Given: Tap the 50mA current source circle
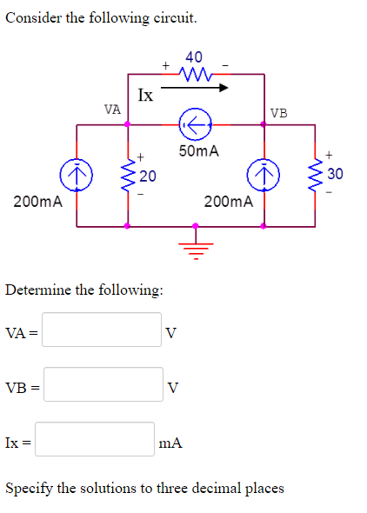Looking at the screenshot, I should [x=195, y=124].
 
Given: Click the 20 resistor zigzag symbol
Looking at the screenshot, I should [x=130, y=177].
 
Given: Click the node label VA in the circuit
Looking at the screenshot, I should [x=111, y=110].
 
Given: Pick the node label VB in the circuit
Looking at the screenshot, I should [x=279, y=112].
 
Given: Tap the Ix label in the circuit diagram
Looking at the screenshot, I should [x=145, y=94].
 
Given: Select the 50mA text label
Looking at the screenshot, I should [x=198, y=151].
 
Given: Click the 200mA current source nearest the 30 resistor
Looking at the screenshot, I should [x=262, y=176].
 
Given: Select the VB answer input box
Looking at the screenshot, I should [x=102, y=385].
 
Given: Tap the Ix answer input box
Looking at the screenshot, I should [x=95, y=441].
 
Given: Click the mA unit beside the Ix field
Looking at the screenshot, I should [x=170, y=443].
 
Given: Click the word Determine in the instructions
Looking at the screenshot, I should [x=36, y=289].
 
